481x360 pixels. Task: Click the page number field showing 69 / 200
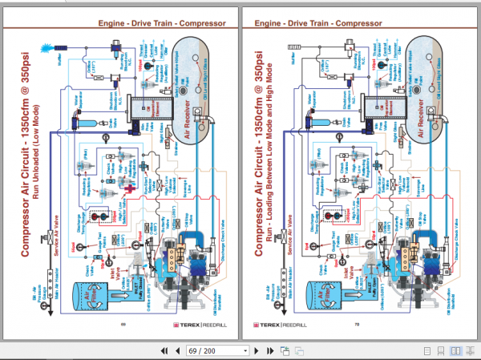219,350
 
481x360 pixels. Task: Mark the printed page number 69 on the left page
124,325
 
